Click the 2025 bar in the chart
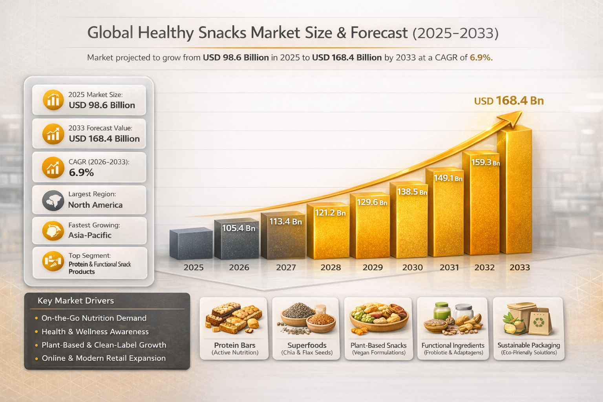[x=191, y=244]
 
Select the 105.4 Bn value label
[x=239, y=228]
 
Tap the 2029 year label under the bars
[x=373, y=267]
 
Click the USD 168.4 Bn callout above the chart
[x=509, y=101]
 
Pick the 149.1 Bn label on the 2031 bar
[x=448, y=178]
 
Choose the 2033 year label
[x=519, y=267]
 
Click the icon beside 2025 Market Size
[x=53, y=100]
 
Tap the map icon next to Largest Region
[x=53, y=200]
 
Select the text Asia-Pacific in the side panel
[x=90, y=235]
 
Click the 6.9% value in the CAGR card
[x=81, y=172]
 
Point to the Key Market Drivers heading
[x=76, y=301]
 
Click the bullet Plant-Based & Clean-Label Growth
[x=104, y=345]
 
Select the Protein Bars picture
[x=234, y=318]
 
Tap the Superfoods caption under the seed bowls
[x=307, y=345]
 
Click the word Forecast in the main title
[x=379, y=33]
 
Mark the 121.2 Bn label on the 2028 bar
[x=330, y=213]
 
